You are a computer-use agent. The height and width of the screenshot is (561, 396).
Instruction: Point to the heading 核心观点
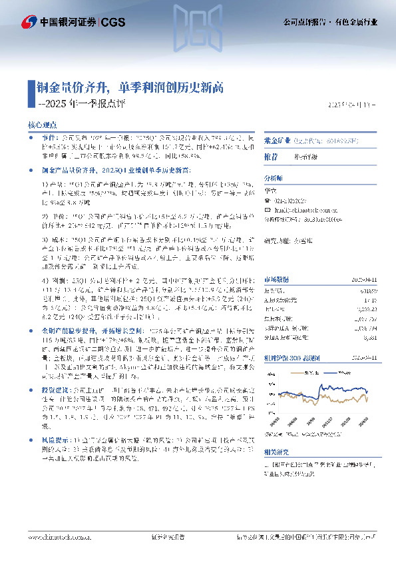coord(41,125)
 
